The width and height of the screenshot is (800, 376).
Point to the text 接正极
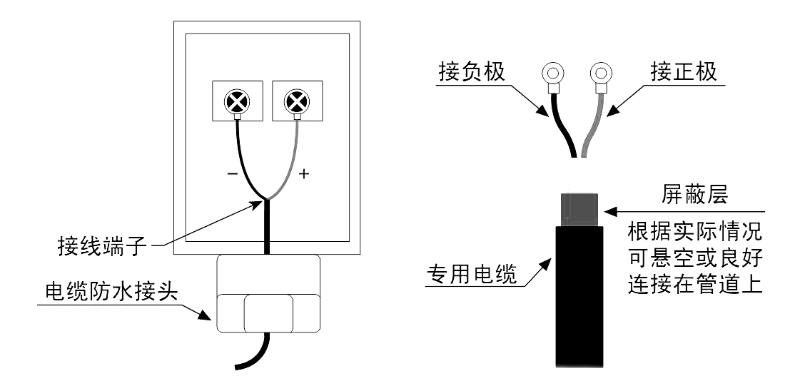(684, 74)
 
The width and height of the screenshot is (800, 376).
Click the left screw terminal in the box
(236, 103)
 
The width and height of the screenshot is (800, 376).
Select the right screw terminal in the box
(295, 103)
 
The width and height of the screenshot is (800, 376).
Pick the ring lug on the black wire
(552, 74)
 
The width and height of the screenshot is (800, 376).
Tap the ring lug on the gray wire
(602, 74)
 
